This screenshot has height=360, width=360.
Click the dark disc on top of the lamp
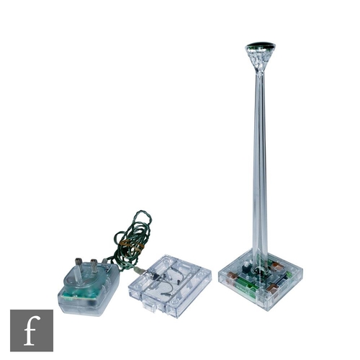click(x=260, y=46)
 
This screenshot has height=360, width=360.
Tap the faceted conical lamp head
click(x=260, y=58)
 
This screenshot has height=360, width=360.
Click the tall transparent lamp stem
click(x=260, y=168)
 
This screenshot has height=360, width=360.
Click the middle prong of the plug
click(x=94, y=265)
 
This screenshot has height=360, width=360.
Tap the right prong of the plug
click(x=105, y=261)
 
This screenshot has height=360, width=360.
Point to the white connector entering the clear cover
click(x=140, y=270)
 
